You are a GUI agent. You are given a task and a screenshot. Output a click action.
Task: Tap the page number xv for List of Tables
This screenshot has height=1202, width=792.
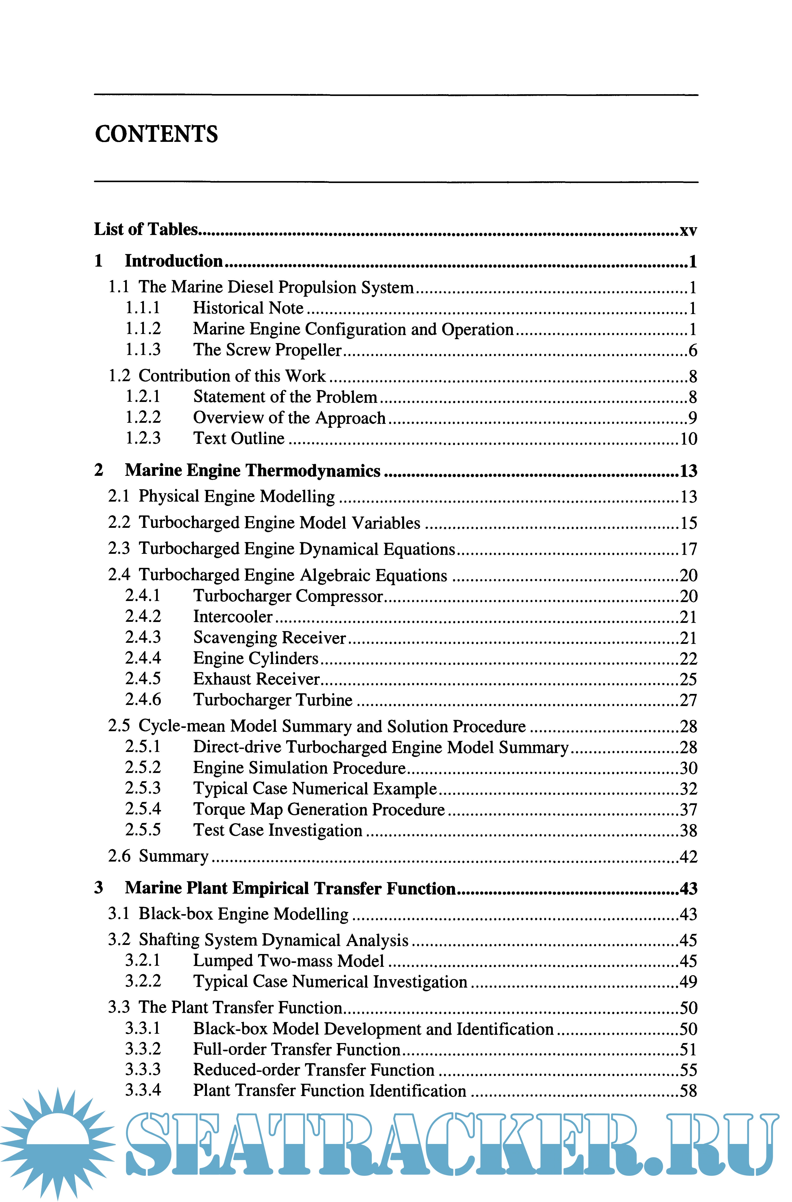[x=688, y=230]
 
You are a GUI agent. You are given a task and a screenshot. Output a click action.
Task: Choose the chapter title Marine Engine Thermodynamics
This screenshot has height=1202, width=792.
[x=253, y=470]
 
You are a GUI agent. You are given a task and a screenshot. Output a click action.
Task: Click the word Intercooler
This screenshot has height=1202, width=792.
[x=233, y=617]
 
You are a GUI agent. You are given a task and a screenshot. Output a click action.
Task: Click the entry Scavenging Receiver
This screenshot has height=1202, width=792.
[x=269, y=638]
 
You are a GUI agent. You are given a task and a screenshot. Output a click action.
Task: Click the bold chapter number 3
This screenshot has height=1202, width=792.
[x=98, y=888]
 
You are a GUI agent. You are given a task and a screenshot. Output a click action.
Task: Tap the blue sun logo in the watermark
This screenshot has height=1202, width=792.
[x=58, y=1143]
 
